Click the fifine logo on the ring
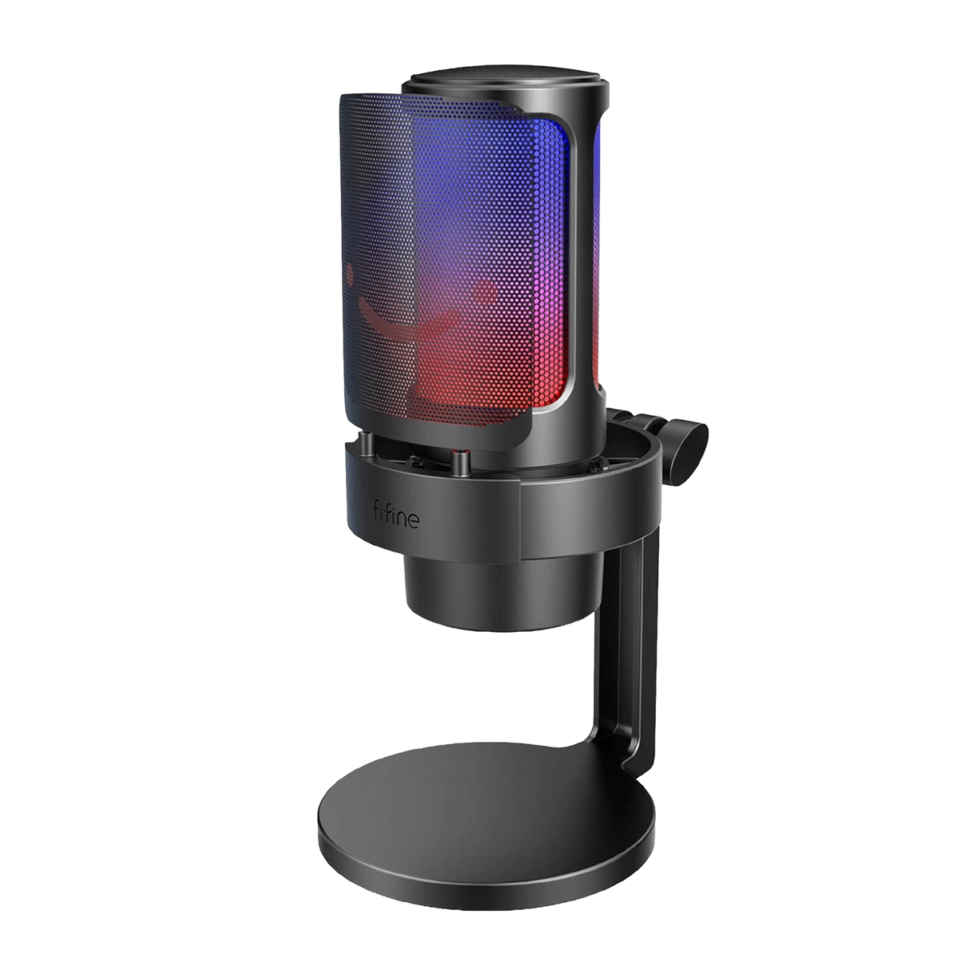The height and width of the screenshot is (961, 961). click(x=397, y=514)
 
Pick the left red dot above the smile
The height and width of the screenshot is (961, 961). click(x=349, y=274)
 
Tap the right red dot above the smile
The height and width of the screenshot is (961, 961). click(x=484, y=292)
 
